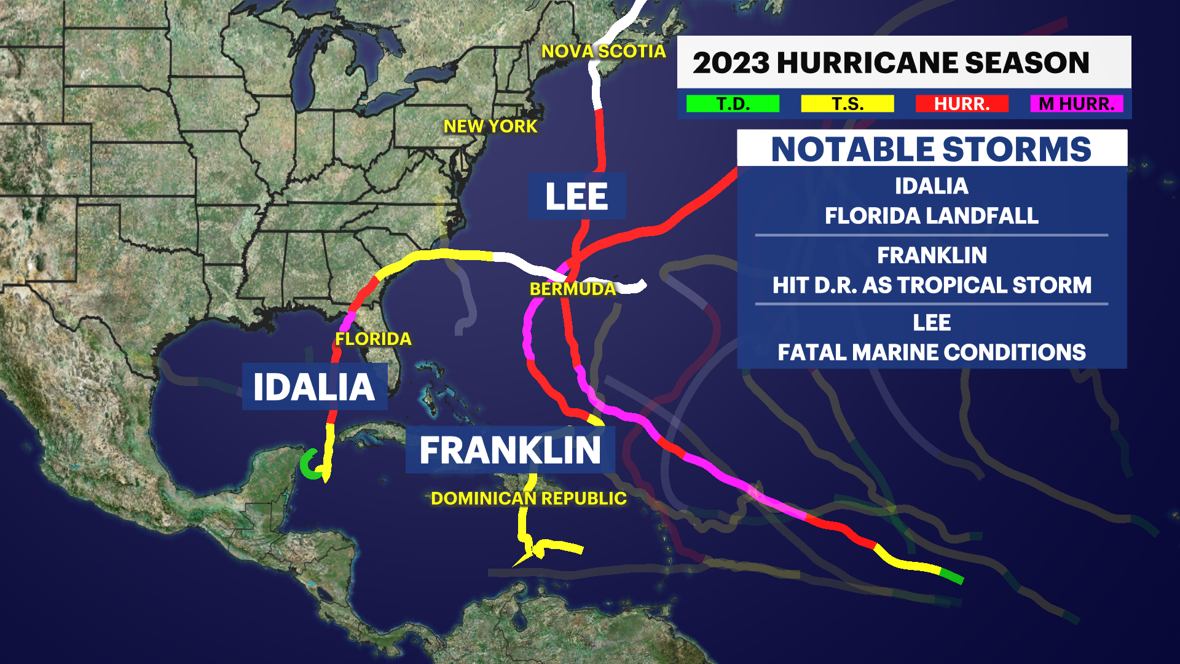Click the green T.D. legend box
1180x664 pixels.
point(733,104)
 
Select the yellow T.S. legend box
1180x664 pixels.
point(847,104)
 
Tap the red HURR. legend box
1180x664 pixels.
point(962,104)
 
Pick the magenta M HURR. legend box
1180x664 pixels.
point(1076,104)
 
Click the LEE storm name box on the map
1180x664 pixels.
point(576,196)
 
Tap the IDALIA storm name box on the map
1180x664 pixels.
point(314,387)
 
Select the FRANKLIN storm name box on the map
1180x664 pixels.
point(509,450)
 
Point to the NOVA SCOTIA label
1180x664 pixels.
point(603,52)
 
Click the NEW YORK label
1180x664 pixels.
point(490,127)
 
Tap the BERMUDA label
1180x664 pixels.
point(572,289)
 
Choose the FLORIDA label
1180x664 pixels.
point(373,339)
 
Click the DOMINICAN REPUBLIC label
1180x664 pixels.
point(529,499)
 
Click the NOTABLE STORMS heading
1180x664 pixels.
point(931,149)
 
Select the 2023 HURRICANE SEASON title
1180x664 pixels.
point(891,63)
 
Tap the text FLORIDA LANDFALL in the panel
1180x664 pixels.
point(931,216)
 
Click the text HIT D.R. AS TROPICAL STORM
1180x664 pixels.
point(931,285)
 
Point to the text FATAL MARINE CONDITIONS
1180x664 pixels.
point(931,352)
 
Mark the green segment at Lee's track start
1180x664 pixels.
point(951,577)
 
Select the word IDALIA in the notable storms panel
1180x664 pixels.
point(931,186)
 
